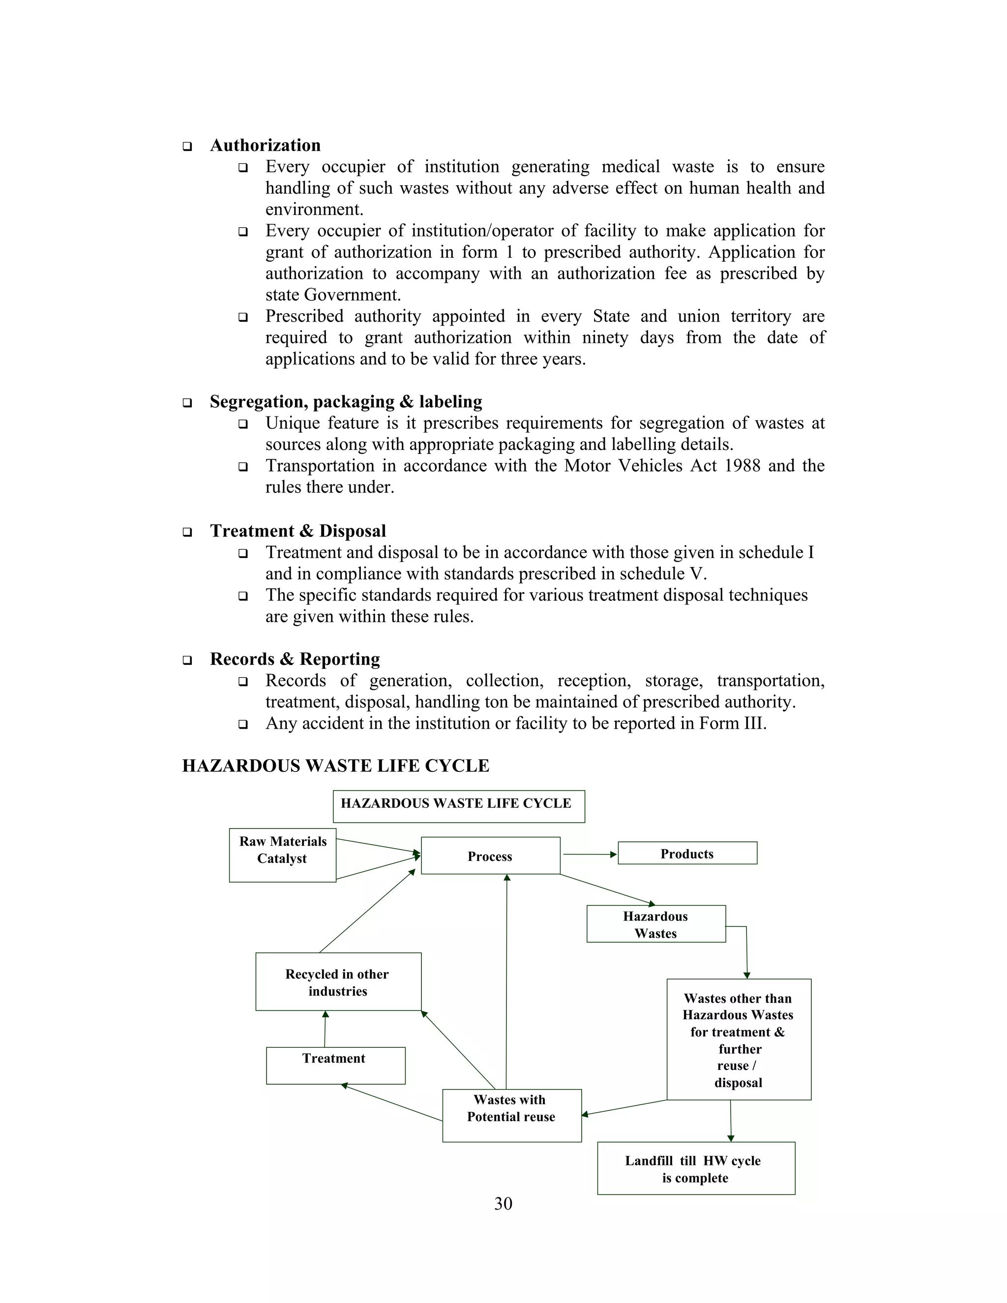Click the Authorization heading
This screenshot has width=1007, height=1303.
pyautogui.click(x=265, y=146)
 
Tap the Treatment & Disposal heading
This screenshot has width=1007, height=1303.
pyautogui.click(x=297, y=531)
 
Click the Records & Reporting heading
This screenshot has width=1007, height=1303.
pyautogui.click(x=295, y=659)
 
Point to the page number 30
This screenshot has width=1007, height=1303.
pyautogui.click(x=503, y=1203)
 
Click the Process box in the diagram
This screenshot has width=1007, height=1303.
pyautogui.click(x=490, y=856)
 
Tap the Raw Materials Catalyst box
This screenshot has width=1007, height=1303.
pyautogui.click(x=282, y=855)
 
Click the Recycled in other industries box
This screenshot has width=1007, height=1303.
pyautogui.click(x=338, y=982)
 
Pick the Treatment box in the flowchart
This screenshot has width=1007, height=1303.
pyautogui.click(x=335, y=1066)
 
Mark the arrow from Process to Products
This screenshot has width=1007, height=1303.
pyautogui.click(x=589, y=855)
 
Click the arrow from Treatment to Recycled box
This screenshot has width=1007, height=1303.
pyautogui.click(x=325, y=1029)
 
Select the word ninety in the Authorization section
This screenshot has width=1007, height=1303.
pyautogui.click(x=604, y=338)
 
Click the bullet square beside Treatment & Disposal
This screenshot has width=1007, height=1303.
pyautogui.click(x=187, y=532)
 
